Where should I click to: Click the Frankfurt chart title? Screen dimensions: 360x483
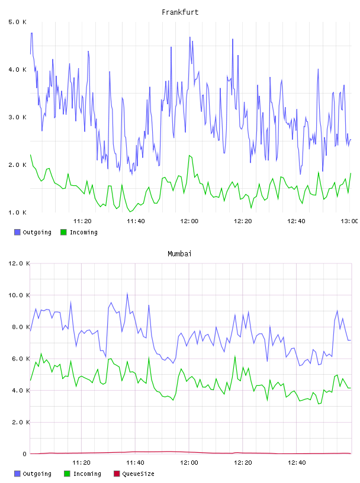[180, 12]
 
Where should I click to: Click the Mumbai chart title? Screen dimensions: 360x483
[179, 254]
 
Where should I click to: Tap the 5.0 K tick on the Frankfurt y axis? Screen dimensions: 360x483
[18, 22]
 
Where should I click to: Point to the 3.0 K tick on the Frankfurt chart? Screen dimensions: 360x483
[18, 117]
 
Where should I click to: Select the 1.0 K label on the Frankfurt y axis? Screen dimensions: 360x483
[18, 212]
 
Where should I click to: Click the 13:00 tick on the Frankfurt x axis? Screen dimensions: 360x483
[349, 221]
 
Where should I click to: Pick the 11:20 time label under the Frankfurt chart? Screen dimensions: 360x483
[82, 221]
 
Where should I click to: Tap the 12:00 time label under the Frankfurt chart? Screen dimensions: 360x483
[189, 221]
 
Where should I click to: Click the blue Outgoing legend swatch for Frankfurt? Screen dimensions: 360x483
[17, 232]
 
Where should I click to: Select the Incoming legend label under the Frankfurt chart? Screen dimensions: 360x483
[83, 232]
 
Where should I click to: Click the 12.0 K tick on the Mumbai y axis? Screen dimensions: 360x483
[19, 263]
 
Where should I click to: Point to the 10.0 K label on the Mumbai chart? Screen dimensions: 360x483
[19, 295]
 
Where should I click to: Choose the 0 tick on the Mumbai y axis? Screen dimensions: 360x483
[25, 454]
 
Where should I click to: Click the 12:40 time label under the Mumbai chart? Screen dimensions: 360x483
[297, 462]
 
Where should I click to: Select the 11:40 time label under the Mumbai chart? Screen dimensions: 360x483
[136, 462]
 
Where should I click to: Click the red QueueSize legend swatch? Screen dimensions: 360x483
[117, 474]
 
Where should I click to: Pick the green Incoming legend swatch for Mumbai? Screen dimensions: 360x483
[67, 474]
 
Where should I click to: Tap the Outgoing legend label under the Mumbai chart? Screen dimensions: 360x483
[37, 474]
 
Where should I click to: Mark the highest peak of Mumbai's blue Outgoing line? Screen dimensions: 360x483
[127, 294]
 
